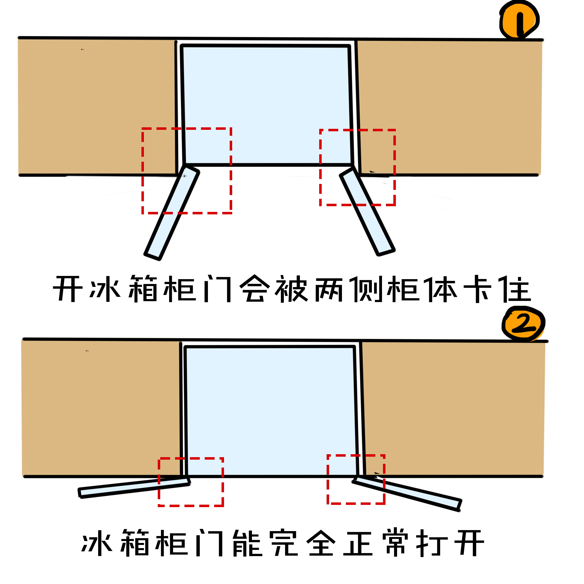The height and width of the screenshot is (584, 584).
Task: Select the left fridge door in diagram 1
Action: click(x=172, y=213)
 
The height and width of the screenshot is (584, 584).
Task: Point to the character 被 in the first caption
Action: click(x=291, y=289)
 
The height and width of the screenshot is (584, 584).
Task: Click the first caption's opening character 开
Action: click(x=68, y=289)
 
